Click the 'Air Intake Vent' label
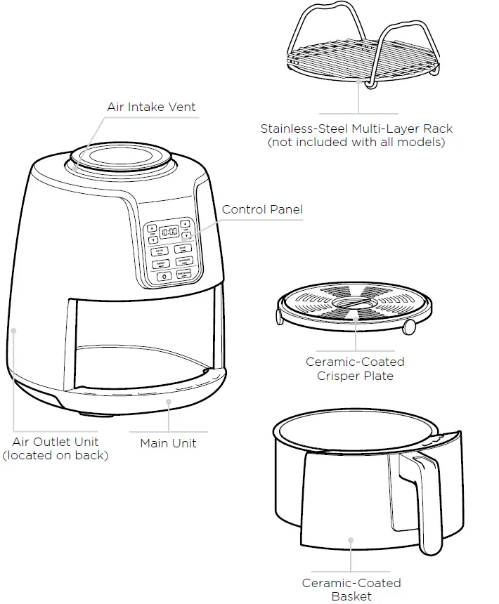pyautogui.click(x=151, y=107)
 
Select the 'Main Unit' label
pyautogui.click(x=168, y=443)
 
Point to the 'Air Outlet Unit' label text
pyautogui.click(x=56, y=442)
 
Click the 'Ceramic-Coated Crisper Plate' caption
pyautogui.click(x=355, y=369)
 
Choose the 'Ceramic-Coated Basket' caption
pyautogui.click(x=351, y=589)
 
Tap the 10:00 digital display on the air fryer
pyautogui.click(x=169, y=231)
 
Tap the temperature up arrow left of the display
pyautogui.click(x=151, y=228)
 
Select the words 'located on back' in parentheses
pyautogui.click(x=56, y=455)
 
